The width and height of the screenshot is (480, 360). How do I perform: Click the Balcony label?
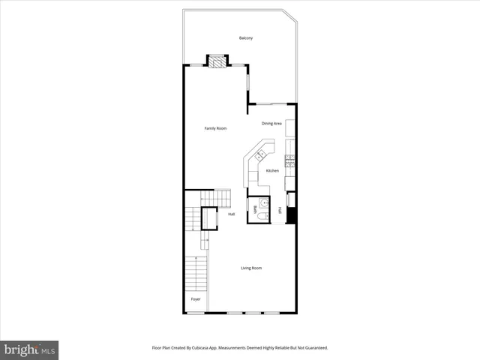click(x=245, y=38)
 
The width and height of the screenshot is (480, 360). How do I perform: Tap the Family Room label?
click(x=216, y=128)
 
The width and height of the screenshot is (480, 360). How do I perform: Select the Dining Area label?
click(x=271, y=123)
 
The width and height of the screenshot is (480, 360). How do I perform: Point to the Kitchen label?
click(x=273, y=171)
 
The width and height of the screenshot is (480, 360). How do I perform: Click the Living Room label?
click(x=250, y=268)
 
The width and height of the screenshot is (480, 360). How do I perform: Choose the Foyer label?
click(x=195, y=299)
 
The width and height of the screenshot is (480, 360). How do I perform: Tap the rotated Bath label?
click(x=256, y=209)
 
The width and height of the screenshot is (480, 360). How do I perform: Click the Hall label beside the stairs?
click(x=232, y=214)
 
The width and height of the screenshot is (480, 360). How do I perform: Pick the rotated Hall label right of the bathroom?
click(x=280, y=210)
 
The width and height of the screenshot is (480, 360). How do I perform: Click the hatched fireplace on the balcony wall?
click(x=217, y=61)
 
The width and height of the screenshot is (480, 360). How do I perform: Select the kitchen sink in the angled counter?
click(x=260, y=155)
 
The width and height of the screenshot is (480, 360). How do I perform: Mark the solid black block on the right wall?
click(x=292, y=215)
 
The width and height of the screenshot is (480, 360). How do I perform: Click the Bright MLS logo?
click(x=29, y=349)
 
